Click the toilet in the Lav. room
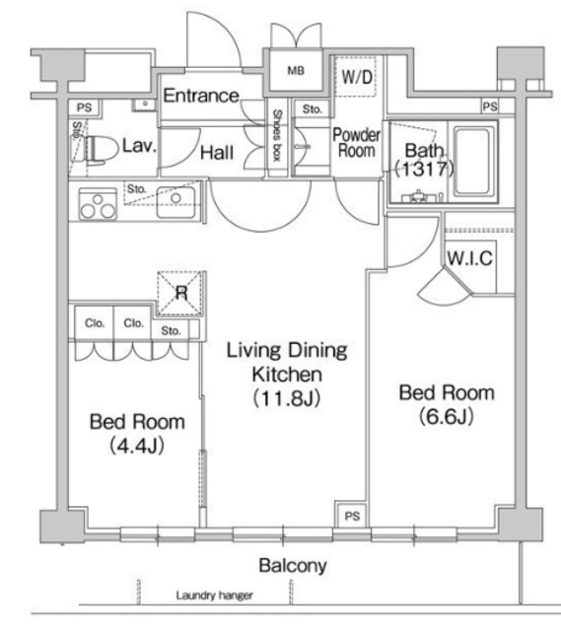tap(95, 149)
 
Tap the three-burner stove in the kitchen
tap(98, 204)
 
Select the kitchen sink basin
tap(175, 202)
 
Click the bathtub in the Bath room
tap(474, 162)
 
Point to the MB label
tap(296, 71)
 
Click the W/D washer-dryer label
tap(357, 77)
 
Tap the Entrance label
tap(201, 96)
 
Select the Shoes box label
tap(277, 136)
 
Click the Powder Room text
tap(357, 143)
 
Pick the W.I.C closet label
tap(469, 258)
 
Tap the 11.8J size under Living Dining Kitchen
tap(287, 398)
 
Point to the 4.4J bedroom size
tap(137, 446)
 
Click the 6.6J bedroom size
tap(447, 416)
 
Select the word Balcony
tap(293, 566)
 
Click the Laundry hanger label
tap(215, 596)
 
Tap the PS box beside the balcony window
tap(352, 516)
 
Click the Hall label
tap(217, 153)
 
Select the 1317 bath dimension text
tap(425, 169)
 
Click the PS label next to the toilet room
tap(84, 107)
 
